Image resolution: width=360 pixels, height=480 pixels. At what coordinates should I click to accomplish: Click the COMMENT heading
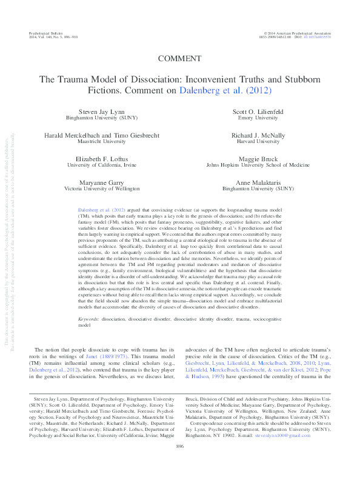179,59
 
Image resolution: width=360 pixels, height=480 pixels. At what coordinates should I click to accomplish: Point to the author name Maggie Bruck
250,158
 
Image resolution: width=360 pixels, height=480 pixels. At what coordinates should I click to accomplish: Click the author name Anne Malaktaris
250,182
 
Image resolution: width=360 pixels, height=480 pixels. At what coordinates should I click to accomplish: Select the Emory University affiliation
250,119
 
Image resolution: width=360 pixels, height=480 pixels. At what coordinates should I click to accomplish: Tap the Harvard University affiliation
250,144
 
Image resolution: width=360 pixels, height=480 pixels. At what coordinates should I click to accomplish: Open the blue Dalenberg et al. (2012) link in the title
225,90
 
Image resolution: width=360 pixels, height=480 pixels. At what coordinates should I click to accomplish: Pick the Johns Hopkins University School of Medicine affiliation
250,164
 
